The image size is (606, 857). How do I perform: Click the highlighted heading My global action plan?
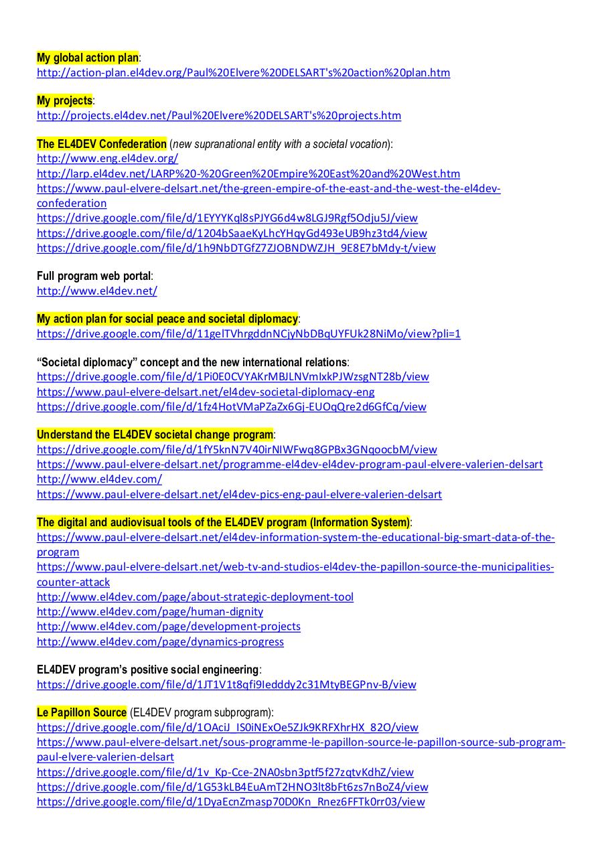pyautogui.click(x=88, y=58)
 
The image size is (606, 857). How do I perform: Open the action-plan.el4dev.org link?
pyautogui.click(x=243, y=72)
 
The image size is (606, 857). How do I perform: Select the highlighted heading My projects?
pyautogui.click(x=64, y=100)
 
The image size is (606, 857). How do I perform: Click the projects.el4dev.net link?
pyautogui.click(x=219, y=115)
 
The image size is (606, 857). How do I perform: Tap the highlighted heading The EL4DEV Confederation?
pyautogui.click(x=101, y=144)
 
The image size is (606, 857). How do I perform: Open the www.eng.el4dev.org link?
pyautogui.click(x=107, y=159)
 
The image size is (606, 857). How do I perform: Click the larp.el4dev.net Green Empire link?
pyautogui.click(x=248, y=173)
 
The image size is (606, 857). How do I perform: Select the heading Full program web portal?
pyautogui.click(x=94, y=276)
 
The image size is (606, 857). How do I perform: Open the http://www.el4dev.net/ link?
pyautogui.click(x=97, y=291)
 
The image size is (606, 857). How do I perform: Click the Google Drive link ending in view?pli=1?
pyautogui.click(x=248, y=333)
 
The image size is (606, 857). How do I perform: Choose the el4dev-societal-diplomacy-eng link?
pyautogui.click(x=206, y=392)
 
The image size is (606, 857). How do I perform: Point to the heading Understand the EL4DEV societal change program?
pyautogui.click(x=155, y=435)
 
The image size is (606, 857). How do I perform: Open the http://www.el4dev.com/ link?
pyautogui.click(x=99, y=479)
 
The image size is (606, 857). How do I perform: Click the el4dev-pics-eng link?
pyautogui.click(x=239, y=494)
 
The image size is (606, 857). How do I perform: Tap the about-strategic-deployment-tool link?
pyautogui.click(x=195, y=597)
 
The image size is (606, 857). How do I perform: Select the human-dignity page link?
pyautogui.click(x=150, y=611)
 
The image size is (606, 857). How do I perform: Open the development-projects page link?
pyautogui.click(x=169, y=626)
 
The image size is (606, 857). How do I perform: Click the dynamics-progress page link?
pyautogui.click(x=160, y=641)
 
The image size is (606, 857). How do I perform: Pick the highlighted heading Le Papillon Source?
pyautogui.click(x=81, y=712)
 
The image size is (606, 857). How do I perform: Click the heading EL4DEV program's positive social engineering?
pyautogui.click(x=148, y=670)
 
